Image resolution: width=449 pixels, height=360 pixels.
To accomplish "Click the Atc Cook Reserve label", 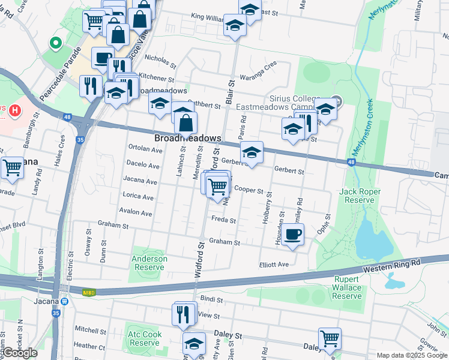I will click(143, 338).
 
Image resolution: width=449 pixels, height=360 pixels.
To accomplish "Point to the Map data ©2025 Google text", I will click(411, 355).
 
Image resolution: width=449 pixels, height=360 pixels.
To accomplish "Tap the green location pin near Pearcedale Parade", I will click(56, 43).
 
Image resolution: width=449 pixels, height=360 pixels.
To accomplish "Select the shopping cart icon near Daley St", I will click(330, 338).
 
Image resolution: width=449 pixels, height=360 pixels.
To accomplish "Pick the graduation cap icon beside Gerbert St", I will click(252, 152).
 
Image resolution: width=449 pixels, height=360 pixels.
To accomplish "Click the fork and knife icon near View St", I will click(182, 313).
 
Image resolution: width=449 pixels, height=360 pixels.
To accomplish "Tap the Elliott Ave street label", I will click(274, 265).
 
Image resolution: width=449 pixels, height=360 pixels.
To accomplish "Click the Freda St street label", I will click(223, 220).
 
